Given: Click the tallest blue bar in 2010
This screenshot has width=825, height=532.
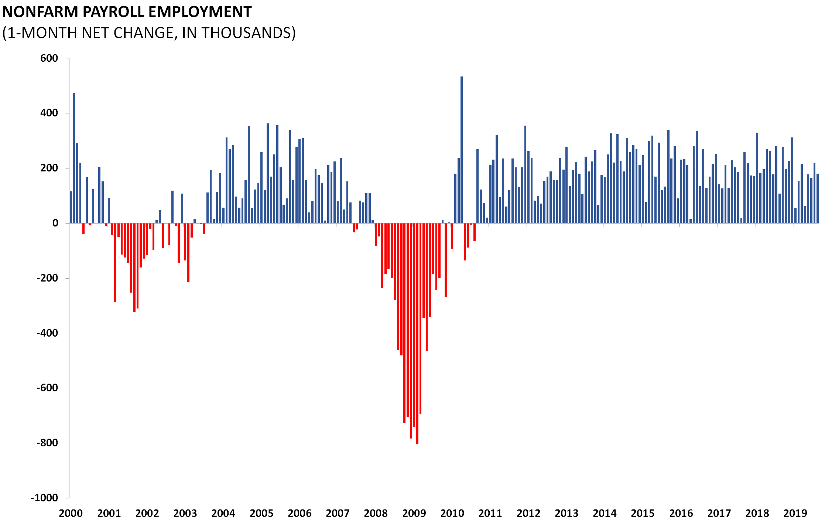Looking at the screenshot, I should [462, 148].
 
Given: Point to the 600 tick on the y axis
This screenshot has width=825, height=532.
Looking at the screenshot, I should [49, 58].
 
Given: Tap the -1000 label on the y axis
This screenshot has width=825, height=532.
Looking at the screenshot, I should [44, 498].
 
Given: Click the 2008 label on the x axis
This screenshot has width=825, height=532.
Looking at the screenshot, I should [376, 513].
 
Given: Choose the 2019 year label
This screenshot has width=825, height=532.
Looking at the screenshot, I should [795, 513].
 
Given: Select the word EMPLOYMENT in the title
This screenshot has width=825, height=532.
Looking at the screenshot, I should [200, 12].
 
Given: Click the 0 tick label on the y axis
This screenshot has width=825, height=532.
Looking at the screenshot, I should [55, 223].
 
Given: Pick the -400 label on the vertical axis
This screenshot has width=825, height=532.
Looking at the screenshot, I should [47, 333].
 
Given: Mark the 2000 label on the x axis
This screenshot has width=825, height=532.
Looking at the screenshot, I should [71, 513].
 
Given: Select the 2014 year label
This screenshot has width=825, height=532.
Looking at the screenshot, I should [605, 513].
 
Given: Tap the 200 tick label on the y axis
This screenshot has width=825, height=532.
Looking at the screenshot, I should [49, 168].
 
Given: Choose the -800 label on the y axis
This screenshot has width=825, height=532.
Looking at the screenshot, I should [47, 443].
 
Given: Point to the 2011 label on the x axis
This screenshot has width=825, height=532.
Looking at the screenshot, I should [490, 513].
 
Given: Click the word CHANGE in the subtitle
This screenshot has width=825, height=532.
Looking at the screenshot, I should [144, 33].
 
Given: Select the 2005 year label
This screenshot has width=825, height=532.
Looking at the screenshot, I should [261, 513].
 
